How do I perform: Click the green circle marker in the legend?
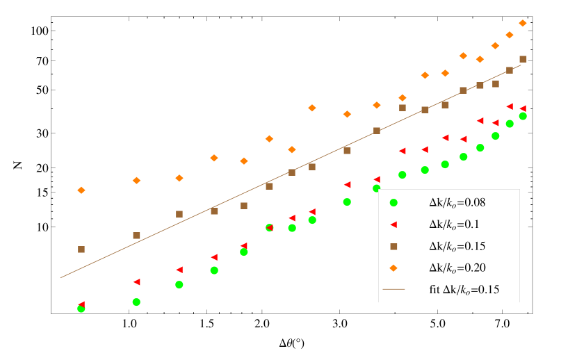(x=393, y=203)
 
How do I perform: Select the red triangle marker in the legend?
(x=393, y=224)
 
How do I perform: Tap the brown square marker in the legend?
(x=393, y=246)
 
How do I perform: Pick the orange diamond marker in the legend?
(x=393, y=268)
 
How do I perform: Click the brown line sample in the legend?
(x=393, y=289)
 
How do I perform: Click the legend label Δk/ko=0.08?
(x=457, y=203)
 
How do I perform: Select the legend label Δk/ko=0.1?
(x=454, y=224)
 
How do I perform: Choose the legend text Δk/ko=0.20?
(x=457, y=268)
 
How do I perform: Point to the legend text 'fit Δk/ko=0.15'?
(x=464, y=289)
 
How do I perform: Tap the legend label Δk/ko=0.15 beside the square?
(x=457, y=246)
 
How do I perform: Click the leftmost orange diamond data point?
(x=81, y=190)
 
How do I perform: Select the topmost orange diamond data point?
(x=523, y=23)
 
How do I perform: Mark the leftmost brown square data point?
(x=81, y=249)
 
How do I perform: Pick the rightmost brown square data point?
(x=523, y=59)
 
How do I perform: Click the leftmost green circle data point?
(x=81, y=309)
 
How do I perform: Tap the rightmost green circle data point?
(x=523, y=116)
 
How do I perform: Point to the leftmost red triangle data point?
(x=81, y=304)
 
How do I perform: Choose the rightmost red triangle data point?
(x=523, y=108)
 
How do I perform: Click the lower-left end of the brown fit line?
(x=61, y=277)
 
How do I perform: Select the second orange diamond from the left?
(x=136, y=180)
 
